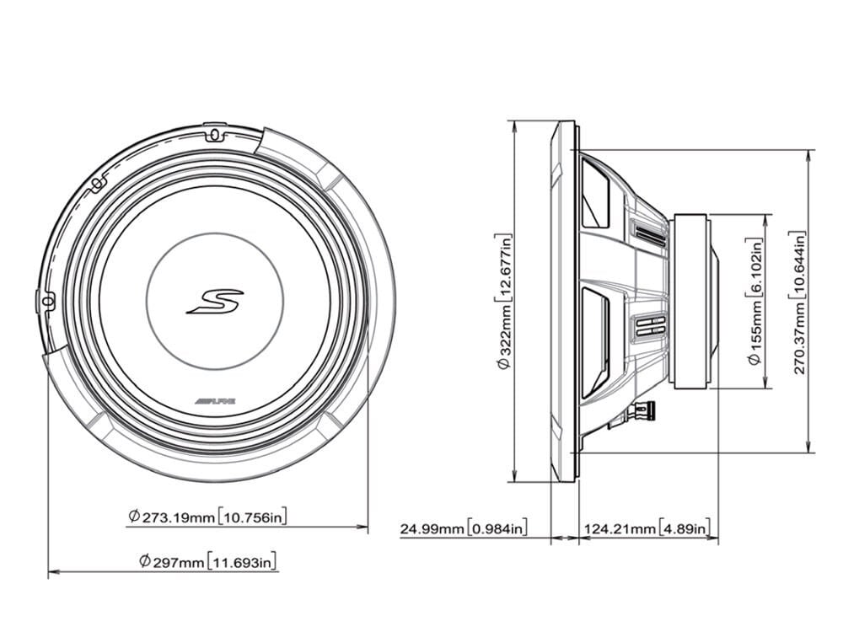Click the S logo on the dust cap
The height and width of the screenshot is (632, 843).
point(214,301)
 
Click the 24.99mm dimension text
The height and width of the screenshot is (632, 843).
point(432,529)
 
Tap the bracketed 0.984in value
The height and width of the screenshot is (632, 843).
point(497,529)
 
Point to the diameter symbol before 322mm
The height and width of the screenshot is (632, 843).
point(505,365)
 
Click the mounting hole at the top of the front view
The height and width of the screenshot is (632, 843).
point(212,134)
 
